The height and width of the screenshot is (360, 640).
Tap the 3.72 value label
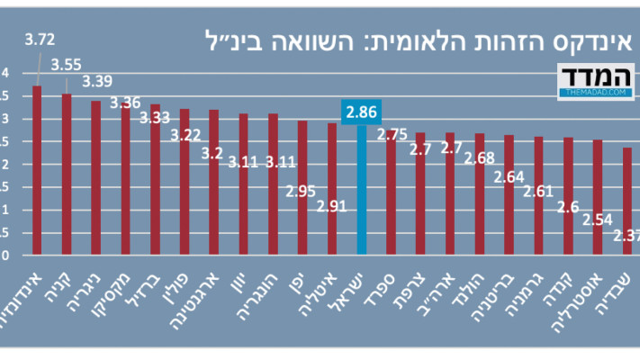(x=40, y=40)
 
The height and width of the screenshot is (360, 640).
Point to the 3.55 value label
(x=67, y=64)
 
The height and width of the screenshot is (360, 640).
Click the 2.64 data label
(x=509, y=175)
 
